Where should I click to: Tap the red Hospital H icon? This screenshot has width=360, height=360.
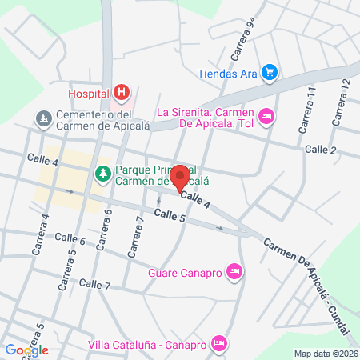(121, 94)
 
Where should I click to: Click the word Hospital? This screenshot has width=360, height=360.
(88, 94)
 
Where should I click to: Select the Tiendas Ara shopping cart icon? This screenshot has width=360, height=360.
(270, 73)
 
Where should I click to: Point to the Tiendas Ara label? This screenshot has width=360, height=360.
(227, 74)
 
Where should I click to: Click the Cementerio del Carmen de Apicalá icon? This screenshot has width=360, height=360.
(43, 118)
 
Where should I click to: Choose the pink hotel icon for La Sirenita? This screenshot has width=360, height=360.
(267, 117)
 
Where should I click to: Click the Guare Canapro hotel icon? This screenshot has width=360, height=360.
(234, 271)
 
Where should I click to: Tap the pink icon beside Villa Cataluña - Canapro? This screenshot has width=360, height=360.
(221, 345)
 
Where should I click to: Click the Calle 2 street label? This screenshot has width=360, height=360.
(320, 150)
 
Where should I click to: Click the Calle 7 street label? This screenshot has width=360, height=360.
(94, 284)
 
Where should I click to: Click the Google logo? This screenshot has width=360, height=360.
(26, 350)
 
